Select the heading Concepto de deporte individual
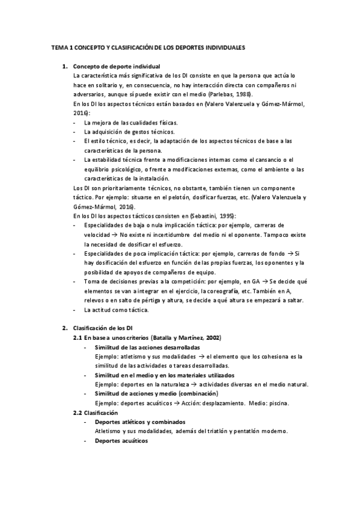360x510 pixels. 116,66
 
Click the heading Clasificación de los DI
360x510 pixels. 98,328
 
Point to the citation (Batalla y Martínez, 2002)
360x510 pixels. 184,338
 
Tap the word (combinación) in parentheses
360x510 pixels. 195,393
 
